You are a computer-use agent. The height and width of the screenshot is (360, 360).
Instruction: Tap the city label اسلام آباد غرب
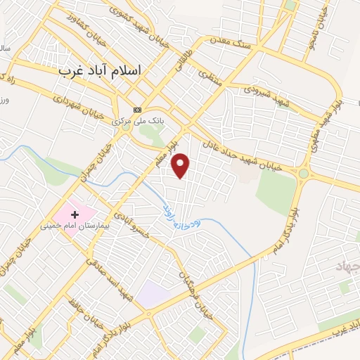[100, 71]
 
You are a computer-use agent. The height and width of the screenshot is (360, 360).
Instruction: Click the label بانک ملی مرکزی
[138, 121]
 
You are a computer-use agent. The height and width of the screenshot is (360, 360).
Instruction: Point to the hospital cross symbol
[75, 212]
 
